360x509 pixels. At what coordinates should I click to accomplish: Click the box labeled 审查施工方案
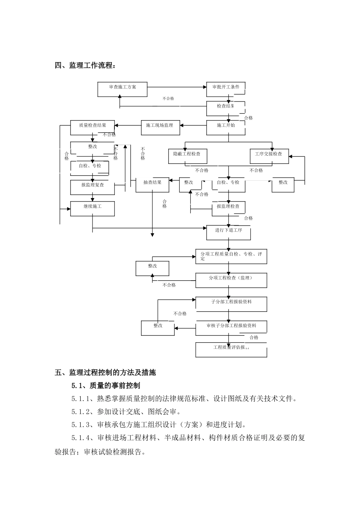pos(122,89)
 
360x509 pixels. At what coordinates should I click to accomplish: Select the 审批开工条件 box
pos(226,89)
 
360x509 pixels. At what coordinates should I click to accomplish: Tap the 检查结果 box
pos(226,108)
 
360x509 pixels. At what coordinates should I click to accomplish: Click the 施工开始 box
pos(226,127)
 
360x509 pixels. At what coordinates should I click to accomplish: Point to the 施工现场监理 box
pos(160,127)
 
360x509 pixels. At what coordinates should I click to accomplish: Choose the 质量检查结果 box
pos(92,127)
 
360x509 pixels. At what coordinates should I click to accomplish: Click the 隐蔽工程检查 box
pos(185,156)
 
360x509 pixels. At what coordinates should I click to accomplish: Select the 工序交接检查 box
pos(269,156)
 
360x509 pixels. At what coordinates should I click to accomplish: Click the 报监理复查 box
pos(92,187)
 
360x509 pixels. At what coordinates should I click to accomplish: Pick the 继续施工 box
pos(92,209)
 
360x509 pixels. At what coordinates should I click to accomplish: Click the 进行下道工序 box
pos(229,233)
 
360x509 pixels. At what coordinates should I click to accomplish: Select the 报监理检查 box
pos(228,208)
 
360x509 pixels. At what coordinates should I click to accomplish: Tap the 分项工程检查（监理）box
pos(231,280)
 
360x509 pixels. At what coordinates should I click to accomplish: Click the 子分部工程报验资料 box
pos(231,304)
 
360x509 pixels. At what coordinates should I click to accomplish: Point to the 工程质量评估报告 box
pos(231,350)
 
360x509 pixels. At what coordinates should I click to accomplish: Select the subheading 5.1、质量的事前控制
pos(106,386)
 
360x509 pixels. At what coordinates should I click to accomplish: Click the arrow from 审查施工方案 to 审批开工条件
pos(177,87)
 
